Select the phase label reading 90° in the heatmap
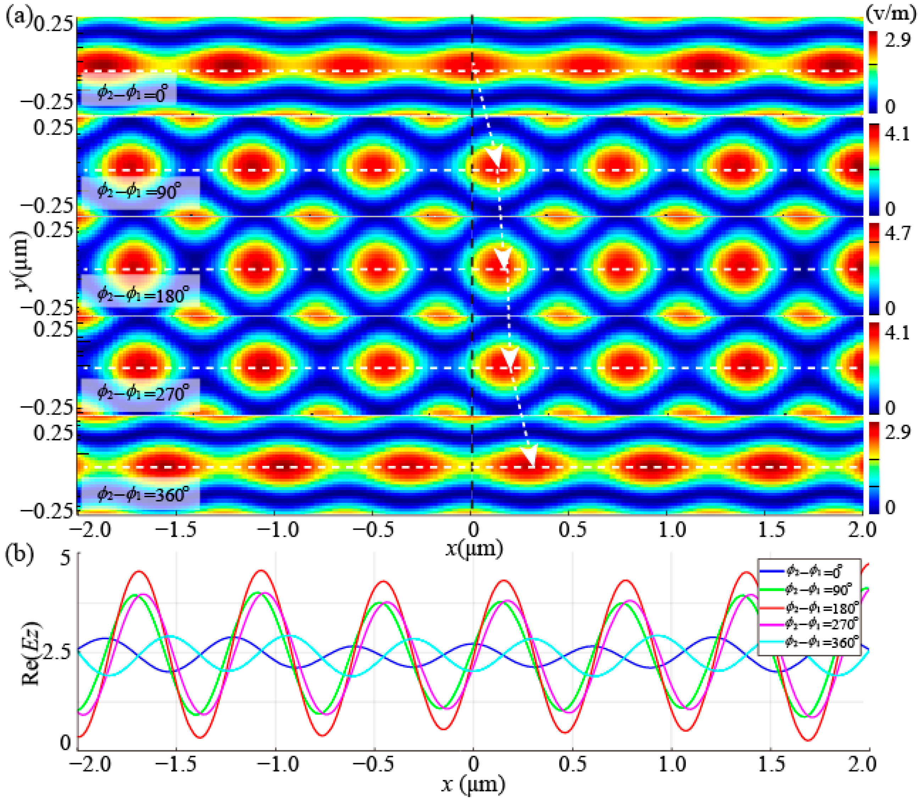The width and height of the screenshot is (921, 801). coord(139,191)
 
